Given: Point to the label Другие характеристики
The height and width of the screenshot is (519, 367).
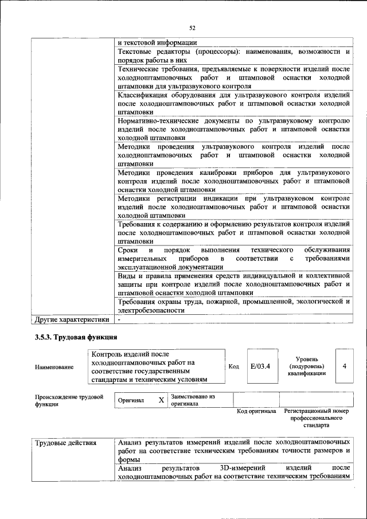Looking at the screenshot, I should click(x=72, y=319).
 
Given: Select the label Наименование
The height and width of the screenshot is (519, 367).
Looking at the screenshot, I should click(x=54, y=366).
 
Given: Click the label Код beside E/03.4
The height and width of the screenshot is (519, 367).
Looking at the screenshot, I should click(x=233, y=365).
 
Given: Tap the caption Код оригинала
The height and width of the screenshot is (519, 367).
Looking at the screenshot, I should click(x=256, y=411).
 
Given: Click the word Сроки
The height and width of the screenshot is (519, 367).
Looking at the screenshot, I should click(x=127, y=251).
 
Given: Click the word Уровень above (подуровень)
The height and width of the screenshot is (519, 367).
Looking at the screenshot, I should click(x=307, y=358).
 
